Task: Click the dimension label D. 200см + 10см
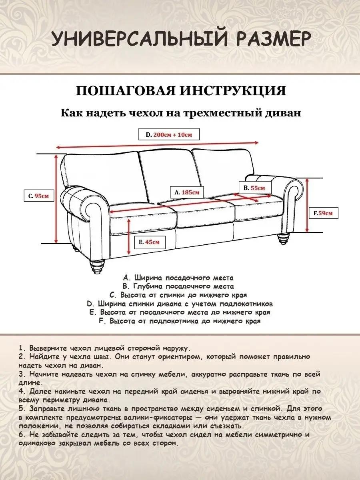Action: point(169,135)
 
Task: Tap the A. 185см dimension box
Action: point(187,192)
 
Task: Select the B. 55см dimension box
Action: point(254,188)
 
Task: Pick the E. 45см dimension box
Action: point(150,242)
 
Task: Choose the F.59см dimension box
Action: point(324,213)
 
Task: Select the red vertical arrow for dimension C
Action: point(56,198)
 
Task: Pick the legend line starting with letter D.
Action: point(180,304)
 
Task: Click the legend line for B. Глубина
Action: point(178,286)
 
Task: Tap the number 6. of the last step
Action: point(22,434)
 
